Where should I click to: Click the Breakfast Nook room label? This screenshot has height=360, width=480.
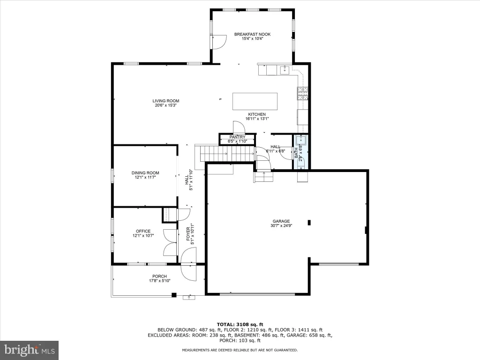click(252, 34)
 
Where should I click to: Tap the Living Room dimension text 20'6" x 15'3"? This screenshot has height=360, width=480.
click(166, 105)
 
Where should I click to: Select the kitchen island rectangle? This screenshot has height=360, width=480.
click(255, 101)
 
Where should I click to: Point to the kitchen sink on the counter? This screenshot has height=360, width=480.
click(285, 70)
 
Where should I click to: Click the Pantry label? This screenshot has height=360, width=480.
click(237, 137)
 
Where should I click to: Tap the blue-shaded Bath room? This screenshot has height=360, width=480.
click(301, 152)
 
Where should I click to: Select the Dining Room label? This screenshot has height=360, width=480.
click(145, 173)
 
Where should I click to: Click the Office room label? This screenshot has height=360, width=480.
click(143, 231)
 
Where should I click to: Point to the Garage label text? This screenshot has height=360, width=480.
click(281, 221)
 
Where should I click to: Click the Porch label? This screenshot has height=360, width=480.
click(159, 276)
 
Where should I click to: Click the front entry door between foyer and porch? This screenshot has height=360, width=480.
click(188, 264)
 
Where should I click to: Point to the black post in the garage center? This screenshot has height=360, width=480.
click(309, 223)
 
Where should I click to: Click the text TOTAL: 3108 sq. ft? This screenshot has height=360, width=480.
click(240, 324)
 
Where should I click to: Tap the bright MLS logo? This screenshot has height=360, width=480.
click(30, 350)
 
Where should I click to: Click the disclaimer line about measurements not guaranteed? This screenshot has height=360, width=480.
click(240, 350)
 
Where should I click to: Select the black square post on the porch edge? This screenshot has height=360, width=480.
click(174, 295)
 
